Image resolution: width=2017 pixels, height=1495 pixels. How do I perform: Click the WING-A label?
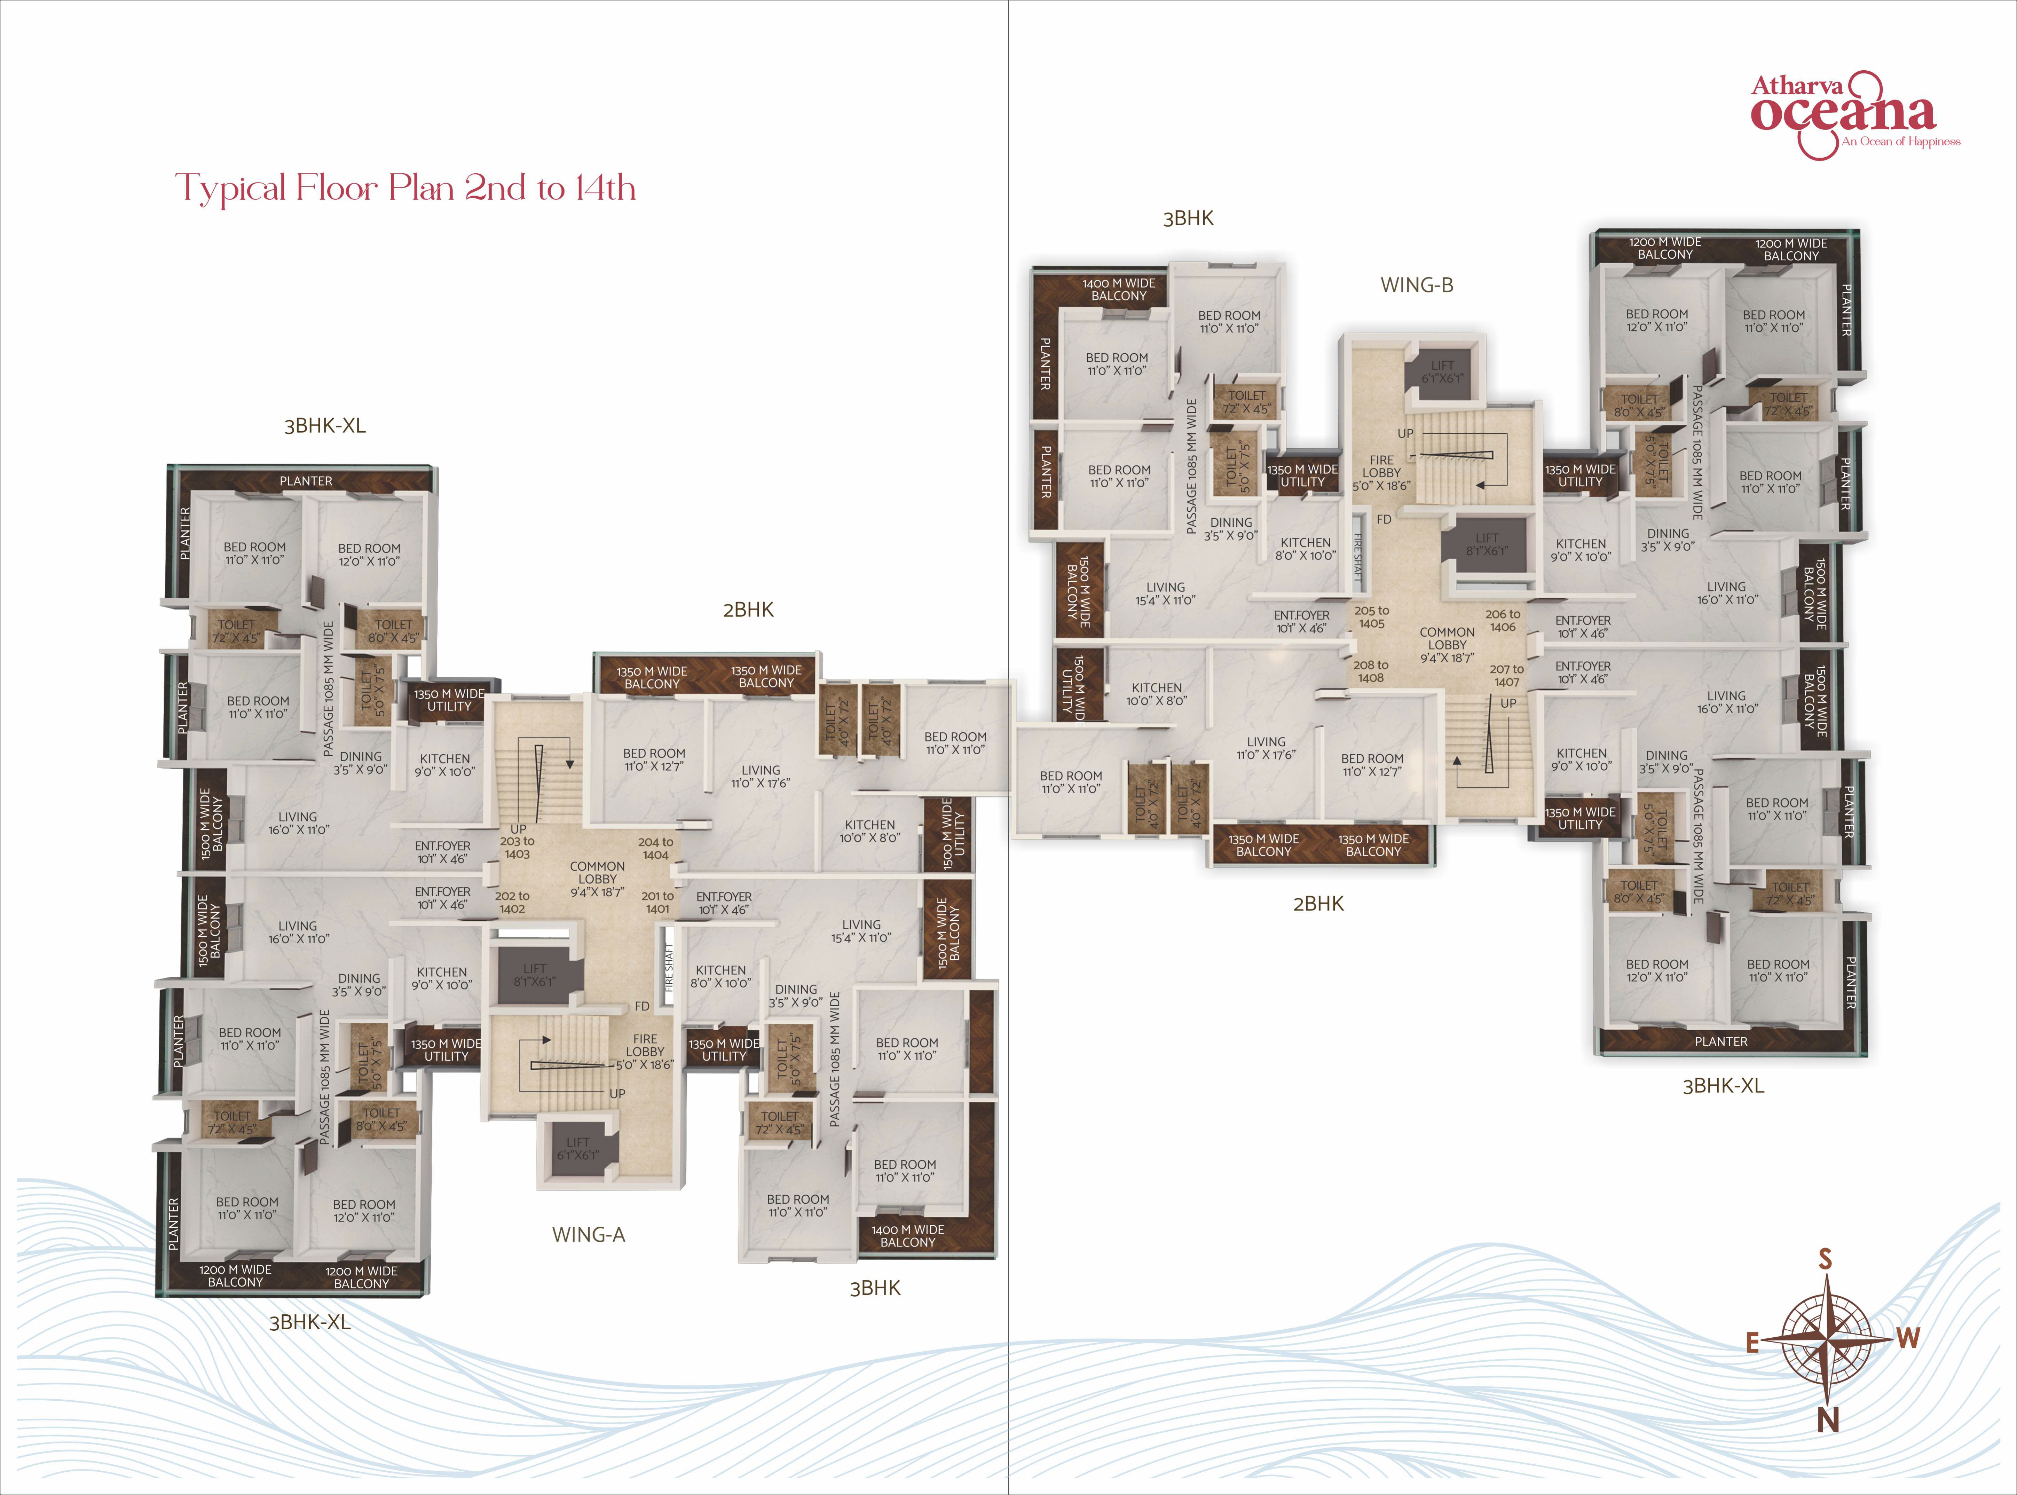click(x=588, y=1234)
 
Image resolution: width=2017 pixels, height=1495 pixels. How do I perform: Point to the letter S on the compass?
click(x=1825, y=1260)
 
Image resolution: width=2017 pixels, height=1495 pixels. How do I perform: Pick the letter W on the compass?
click(x=1908, y=1338)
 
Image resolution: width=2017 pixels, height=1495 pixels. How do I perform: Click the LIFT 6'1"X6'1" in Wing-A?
click(x=578, y=1148)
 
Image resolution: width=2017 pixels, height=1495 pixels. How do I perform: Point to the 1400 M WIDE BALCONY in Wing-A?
click(x=908, y=1236)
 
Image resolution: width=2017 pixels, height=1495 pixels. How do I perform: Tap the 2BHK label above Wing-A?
click(x=748, y=610)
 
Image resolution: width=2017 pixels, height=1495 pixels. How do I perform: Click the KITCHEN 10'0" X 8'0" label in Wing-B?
click(x=1157, y=694)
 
